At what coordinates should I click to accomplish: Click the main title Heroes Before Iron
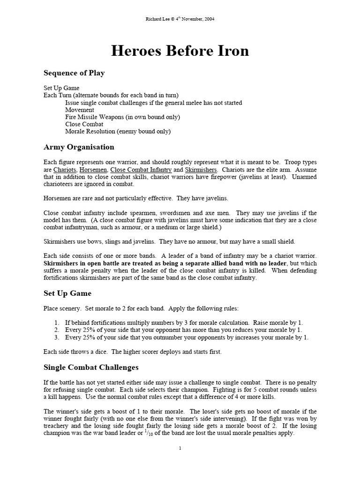pyautogui.click(x=180, y=51)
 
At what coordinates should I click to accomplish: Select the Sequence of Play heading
pyautogui.click(x=74, y=73)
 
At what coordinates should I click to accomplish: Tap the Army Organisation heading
pyautogui.click(x=78, y=147)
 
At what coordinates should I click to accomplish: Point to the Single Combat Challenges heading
pyautogui.click(x=91, y=367)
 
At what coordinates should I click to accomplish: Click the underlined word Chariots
pyautogui.click(x=65, y=169)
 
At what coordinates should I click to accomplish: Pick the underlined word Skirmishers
pyautogui.click(x=201, y=169)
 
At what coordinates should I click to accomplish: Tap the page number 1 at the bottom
pyautogui.click(x=180, y=448)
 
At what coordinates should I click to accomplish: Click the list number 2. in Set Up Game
pyautogui.click(x=57, y=330)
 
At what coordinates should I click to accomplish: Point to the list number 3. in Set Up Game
pyautogui.click(x=57, y=337)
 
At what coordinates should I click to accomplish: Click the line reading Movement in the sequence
pyautogui.click(x=80, y=110)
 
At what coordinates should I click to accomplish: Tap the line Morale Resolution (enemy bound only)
pyautogui.click(x=118, y=132)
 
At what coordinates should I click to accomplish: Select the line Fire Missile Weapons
pyautogui.click(x=122, y=117)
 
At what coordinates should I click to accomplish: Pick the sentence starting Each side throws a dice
pyautogui.click(x=133, y=352)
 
